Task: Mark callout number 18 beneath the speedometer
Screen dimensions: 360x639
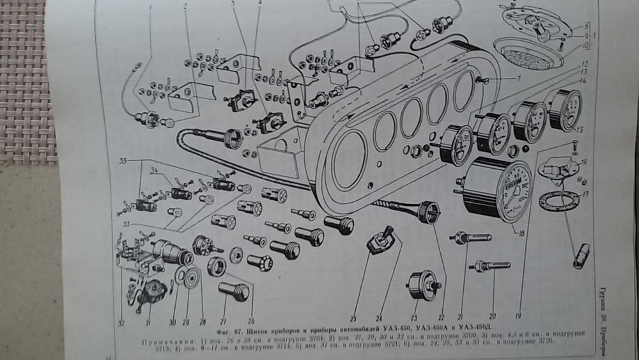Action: [521, 234]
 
